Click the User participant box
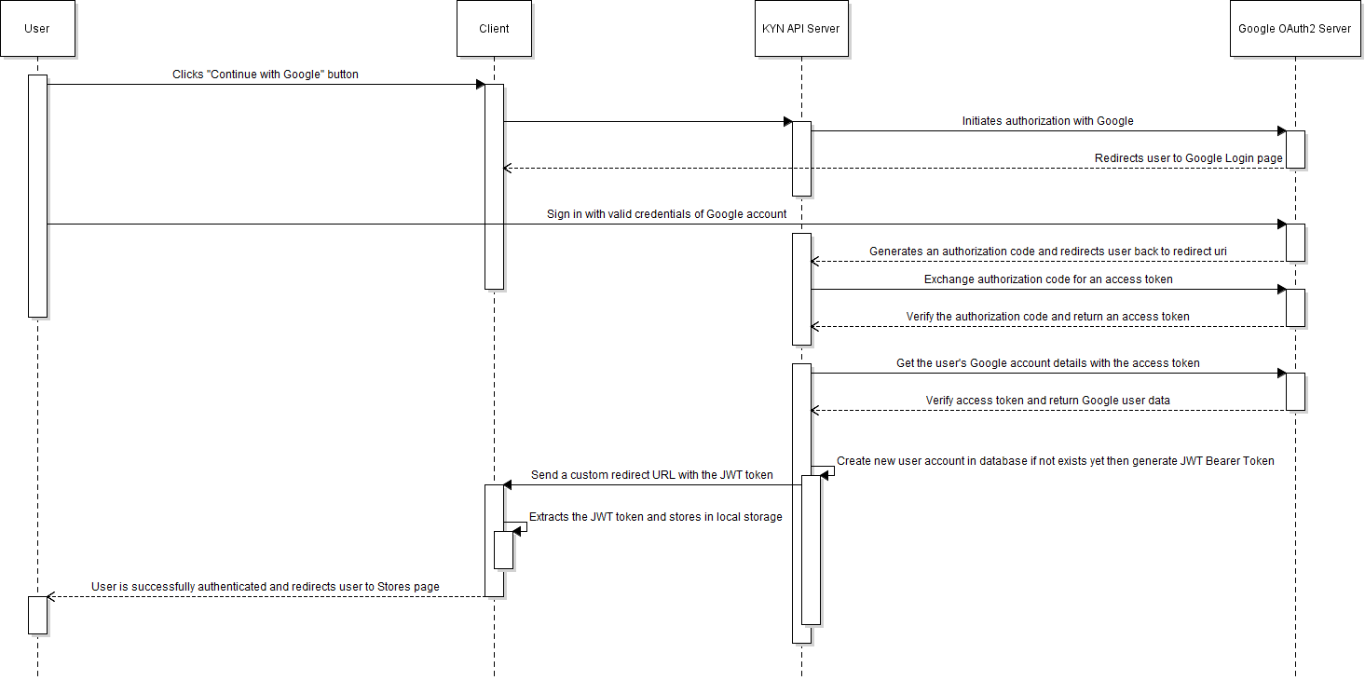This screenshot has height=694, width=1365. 37,28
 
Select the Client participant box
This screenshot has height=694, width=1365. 494,28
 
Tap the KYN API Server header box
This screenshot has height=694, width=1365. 801,28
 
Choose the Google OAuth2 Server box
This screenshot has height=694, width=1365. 1294,28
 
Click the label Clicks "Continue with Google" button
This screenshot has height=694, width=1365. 265,75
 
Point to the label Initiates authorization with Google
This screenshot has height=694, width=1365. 1047,121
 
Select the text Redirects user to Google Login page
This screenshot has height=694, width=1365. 1188,158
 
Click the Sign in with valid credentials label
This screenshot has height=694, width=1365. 666,214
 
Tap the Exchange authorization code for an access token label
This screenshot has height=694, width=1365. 1048,279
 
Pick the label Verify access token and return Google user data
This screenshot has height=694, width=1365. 1047,401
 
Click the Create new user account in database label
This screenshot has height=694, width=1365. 1055,461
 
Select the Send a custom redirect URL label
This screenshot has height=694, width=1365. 651,475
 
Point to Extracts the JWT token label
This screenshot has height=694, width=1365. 655,517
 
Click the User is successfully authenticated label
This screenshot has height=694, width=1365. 265,587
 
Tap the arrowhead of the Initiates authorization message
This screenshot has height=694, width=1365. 1281,131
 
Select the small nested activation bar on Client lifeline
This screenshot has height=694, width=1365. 503,550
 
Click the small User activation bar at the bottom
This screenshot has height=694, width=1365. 37,615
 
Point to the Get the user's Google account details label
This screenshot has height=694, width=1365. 1047,363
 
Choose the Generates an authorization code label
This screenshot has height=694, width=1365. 1047,252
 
